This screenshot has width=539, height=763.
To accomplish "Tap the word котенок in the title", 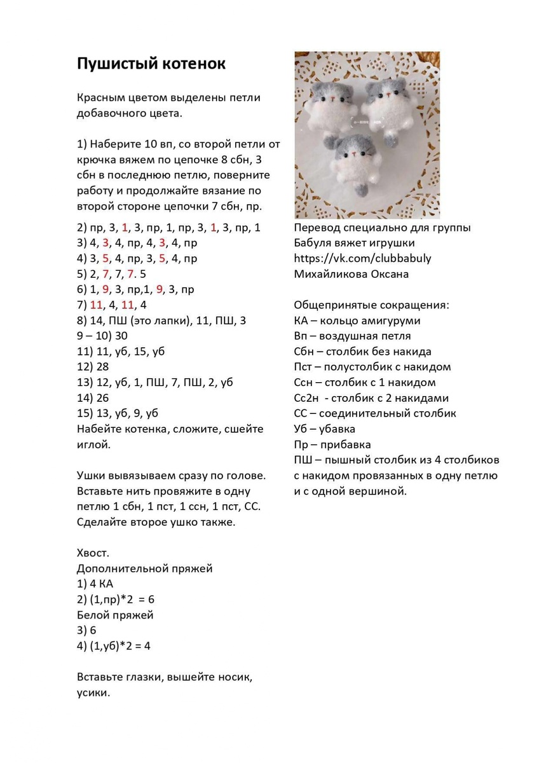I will click(193, 64).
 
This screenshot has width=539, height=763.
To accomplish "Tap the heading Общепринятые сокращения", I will click(371, 305).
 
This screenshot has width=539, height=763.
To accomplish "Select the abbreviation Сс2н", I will click(308, 398).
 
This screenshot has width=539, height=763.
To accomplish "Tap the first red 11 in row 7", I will click(97, 305).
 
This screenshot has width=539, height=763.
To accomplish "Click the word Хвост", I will click(93, 553).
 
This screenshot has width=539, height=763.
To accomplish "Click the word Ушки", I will click(93, 476).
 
